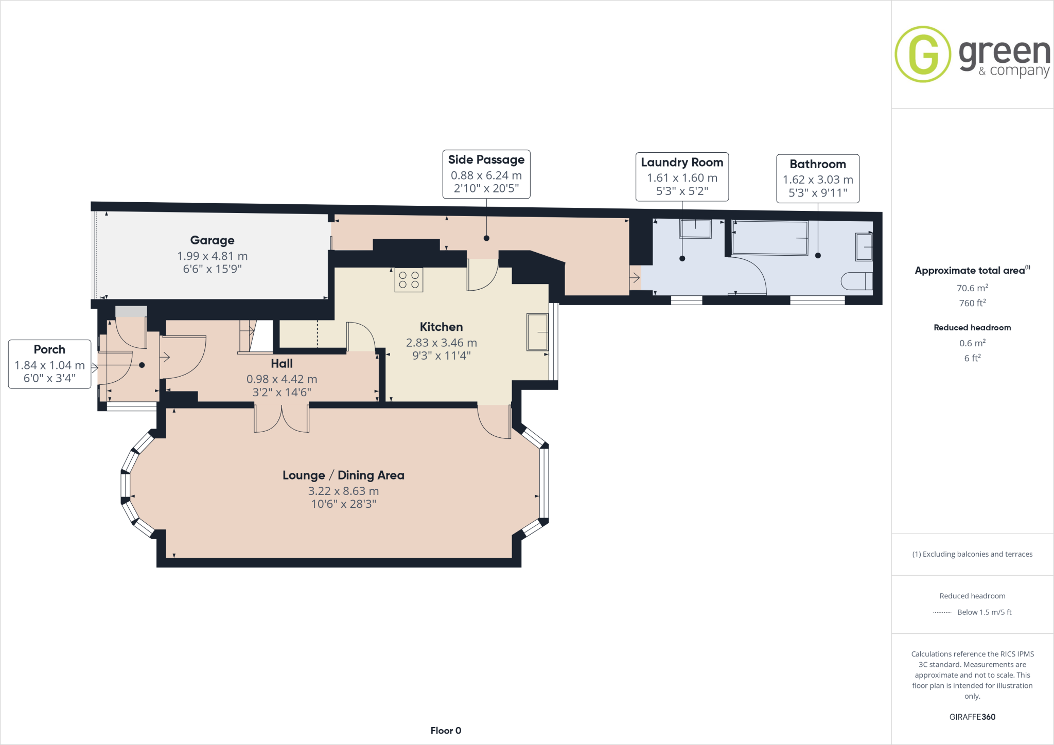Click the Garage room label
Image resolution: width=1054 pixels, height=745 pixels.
click(x=212, y=240)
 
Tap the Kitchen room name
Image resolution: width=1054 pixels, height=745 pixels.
click(x=441, y=327)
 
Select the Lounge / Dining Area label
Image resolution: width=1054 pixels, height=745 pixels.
click(x=343, y=475)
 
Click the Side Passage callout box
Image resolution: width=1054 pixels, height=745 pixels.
click(x=486, y=174)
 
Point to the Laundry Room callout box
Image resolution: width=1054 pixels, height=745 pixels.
click(x=682, y=176)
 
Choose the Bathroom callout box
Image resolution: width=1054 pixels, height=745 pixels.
click(x=818, y=179)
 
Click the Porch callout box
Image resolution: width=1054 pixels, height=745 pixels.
click(x=49, y=364)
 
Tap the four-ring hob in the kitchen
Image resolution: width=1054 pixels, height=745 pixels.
click(x=409, y=280)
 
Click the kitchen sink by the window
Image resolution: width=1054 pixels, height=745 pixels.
click(x=537, y=332)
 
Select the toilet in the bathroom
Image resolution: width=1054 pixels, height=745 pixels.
click(x=857, y=281)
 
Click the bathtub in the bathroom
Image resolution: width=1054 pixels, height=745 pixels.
click(x=770, y=238)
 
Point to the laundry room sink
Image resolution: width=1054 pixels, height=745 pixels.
click(x=695, y=228)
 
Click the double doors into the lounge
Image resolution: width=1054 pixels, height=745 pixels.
click(x=282, y=419)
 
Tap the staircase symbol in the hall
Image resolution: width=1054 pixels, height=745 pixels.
click(x=249, y=335)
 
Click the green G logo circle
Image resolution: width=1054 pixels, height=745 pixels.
click(x=923, y=54)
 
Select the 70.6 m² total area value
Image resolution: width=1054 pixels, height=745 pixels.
click(x=972, y=288)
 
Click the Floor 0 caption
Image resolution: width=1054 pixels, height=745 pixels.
click(x=446, y=731)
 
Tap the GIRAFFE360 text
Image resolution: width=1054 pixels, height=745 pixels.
click(x=972, y=717)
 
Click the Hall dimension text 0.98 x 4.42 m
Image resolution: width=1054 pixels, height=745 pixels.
click(x=282, y=379)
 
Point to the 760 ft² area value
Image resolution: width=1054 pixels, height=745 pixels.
click(x=972, y=303)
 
